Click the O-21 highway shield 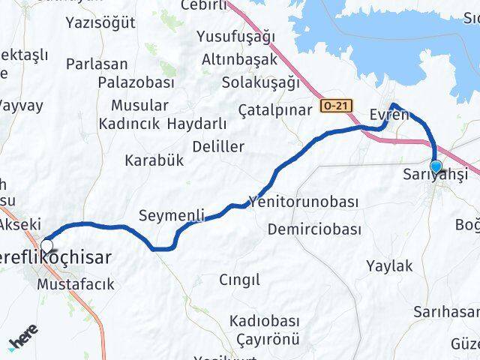(x=334, y=106)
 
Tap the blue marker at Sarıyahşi (x=436, y=167)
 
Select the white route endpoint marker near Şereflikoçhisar (x=48, y=245)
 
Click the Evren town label (x=389, y=115)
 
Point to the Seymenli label (x=172, y=216)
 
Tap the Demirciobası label (x=314, y=229)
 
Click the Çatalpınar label (x=274, y=109)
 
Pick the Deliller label (x=217, y=145)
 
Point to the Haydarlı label (x=196, y=123)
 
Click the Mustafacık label (x=75, y=284)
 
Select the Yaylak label (x=389, y=265)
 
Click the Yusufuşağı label (x=235, y=37)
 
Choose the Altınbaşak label (x=237, y=59)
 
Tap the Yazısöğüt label (x=100, y=22)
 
